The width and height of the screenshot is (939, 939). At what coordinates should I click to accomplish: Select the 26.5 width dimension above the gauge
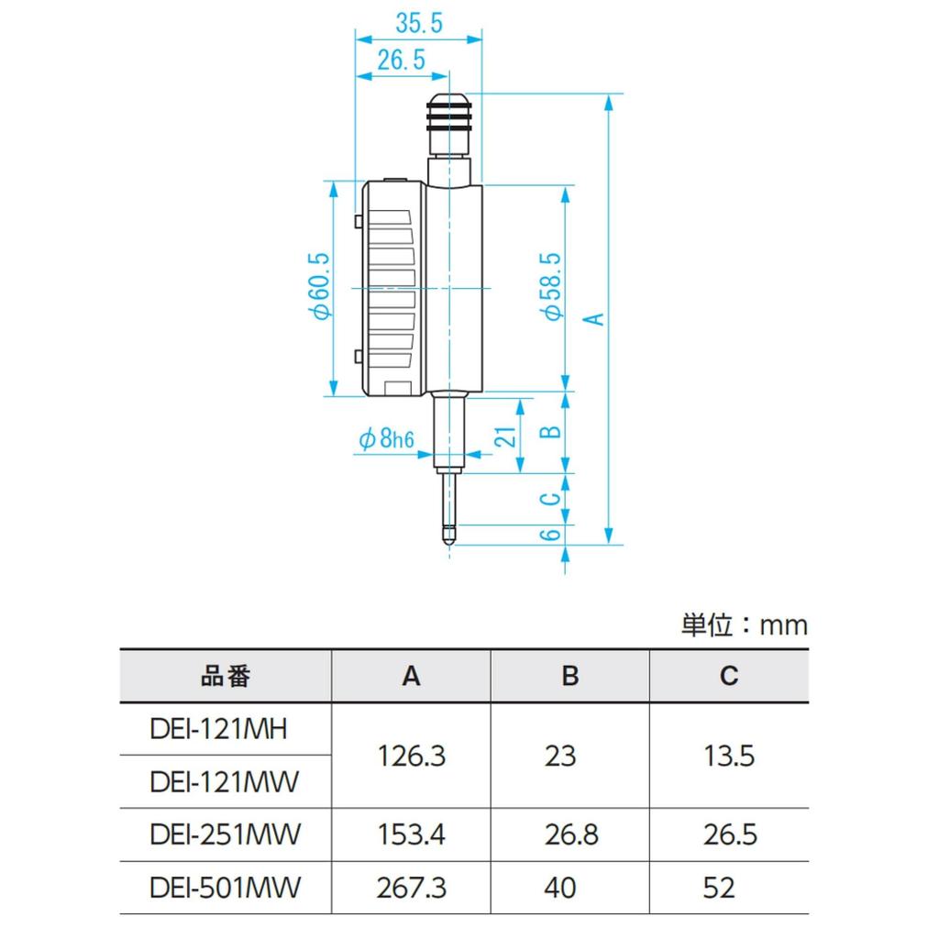(401, 61)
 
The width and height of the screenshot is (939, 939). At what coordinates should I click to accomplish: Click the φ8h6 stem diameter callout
(385, 440)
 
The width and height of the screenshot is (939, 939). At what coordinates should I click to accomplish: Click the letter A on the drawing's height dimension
(594, 318)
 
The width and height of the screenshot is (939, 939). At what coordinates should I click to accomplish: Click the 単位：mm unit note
(744, 625)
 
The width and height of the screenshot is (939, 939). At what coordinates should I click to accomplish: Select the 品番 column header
(226, 677)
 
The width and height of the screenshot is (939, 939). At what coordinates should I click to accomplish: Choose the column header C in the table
(729, 677)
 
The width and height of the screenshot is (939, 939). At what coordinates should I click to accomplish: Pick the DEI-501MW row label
(225, 888)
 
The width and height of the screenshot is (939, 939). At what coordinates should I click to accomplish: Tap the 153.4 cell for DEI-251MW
(411, 835)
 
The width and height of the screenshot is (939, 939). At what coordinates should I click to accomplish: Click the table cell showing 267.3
(411, 888)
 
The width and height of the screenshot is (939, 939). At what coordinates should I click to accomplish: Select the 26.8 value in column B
(569, 835)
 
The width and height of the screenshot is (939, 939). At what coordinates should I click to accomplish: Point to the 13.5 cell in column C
(729, 757)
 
